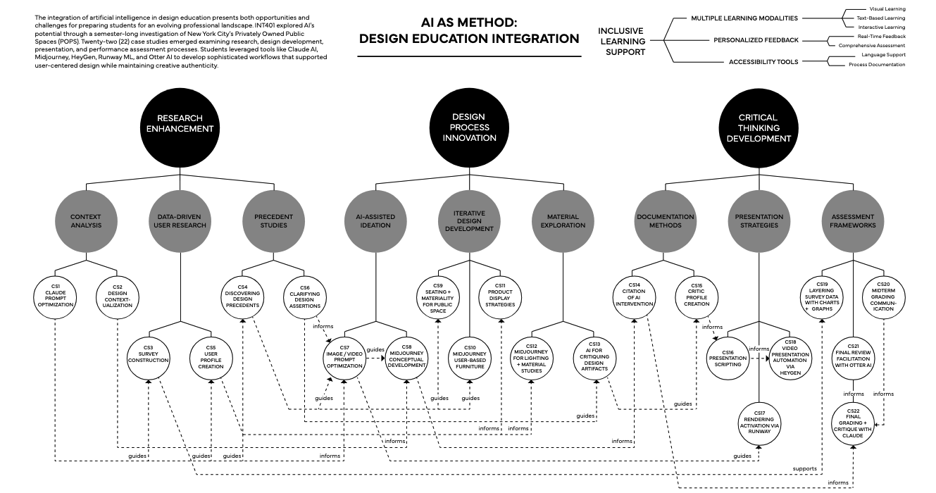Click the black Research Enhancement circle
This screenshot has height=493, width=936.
(x=180, y=124)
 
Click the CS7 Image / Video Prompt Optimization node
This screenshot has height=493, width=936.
(x=344, y=355)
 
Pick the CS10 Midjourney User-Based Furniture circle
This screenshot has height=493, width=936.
(x=470, y=355)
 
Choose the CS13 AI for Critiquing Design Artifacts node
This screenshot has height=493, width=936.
(x=596, y=355)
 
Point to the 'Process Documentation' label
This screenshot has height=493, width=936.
(x=876, y=65)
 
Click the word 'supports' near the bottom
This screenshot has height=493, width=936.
(x=804, y=468)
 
